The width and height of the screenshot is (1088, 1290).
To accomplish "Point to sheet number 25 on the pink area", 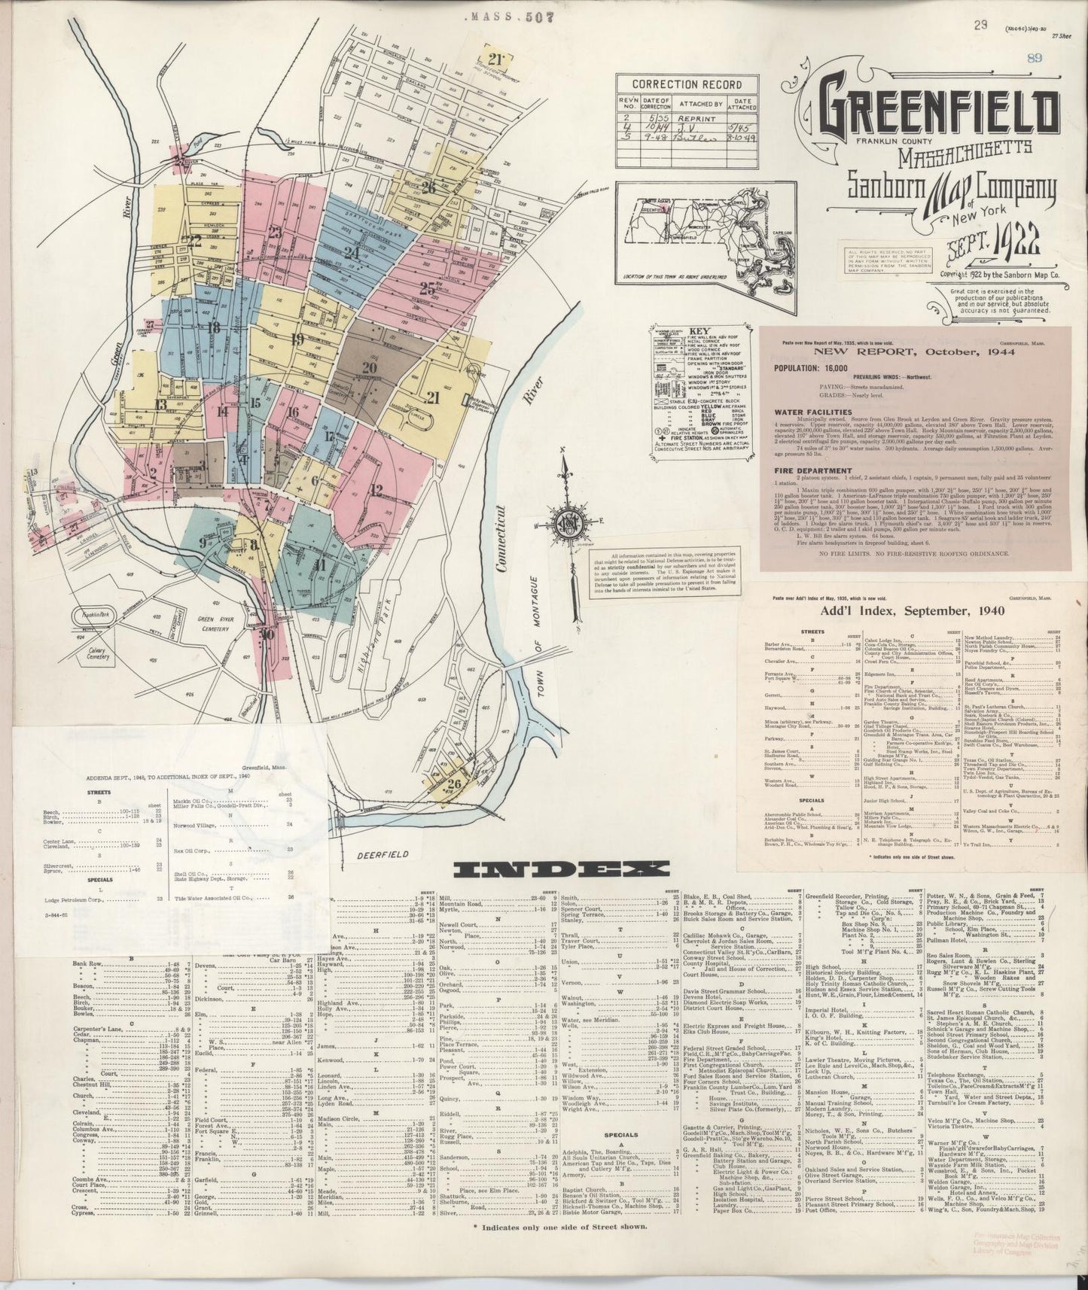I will coord(430,288).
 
